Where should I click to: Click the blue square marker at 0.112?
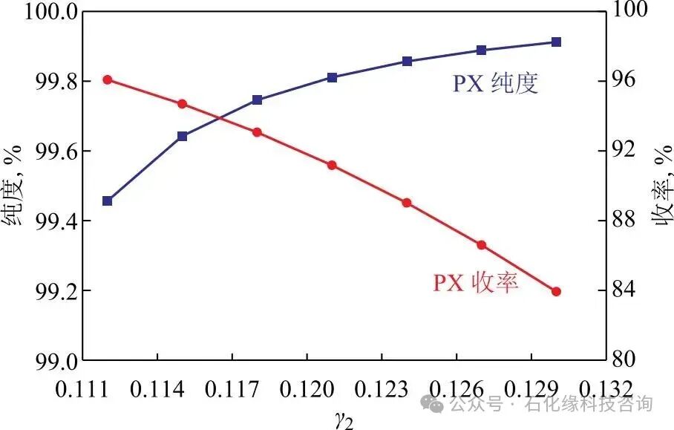[108, 201]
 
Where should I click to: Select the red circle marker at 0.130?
[557, 292]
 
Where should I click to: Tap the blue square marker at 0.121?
[332, 77]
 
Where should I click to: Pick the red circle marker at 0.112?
[108, 79]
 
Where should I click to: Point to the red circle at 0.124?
[407, 203]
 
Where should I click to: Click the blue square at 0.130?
[557, 42]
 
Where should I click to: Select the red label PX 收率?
[476, 283]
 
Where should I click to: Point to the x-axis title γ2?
[342, 419]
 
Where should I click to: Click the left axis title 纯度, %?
[13, 186]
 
